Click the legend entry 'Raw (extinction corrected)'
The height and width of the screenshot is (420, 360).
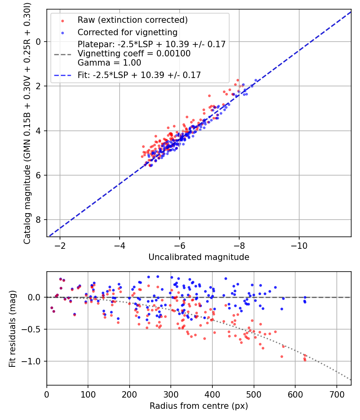pos(132,20)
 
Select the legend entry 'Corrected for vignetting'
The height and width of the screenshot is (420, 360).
pos(128,32)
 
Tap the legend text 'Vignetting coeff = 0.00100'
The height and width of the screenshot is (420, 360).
pos(134,54)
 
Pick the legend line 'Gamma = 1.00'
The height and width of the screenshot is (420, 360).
pos(109,63)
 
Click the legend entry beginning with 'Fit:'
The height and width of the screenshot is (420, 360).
pos(139,75)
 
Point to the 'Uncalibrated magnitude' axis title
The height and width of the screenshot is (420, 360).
pos(199,257)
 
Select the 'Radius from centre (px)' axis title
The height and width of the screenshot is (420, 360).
pos(199,406)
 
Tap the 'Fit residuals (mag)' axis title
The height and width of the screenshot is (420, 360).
pos(12,328)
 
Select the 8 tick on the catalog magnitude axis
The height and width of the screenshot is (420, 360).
pos(39,220)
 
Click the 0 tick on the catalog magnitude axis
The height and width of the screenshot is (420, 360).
pos(39,42)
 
